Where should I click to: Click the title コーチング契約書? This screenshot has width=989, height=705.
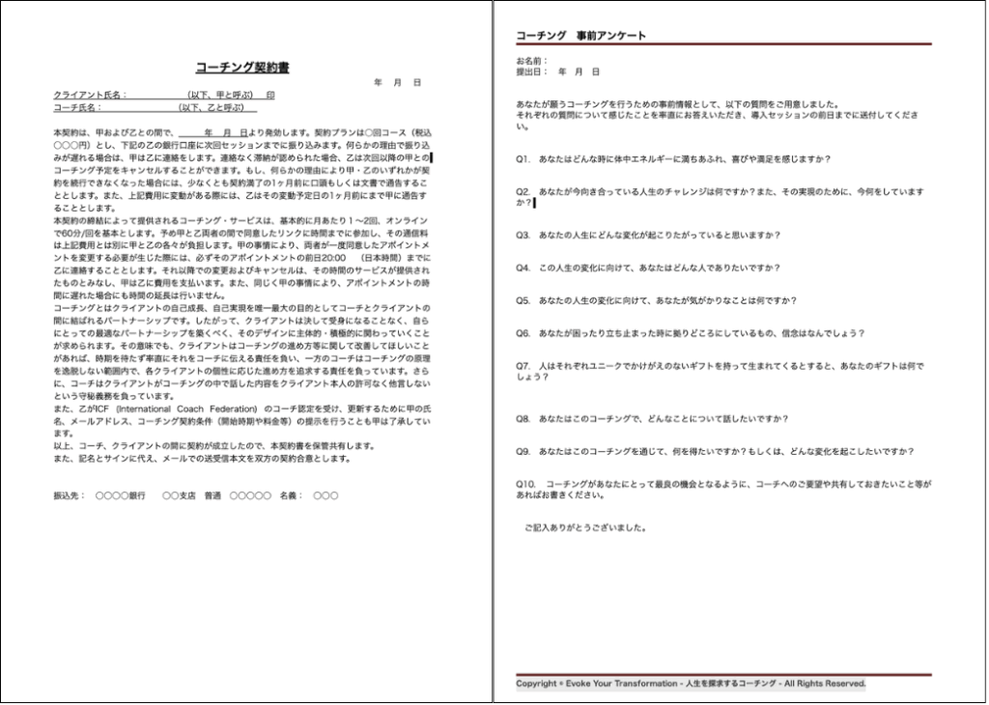click(x=242, y=68)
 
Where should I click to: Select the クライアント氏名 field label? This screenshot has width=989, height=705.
click(x=88, y=96)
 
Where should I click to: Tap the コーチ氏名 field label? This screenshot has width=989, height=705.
click(x=78, y=108)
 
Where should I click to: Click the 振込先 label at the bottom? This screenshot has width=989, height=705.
click(x=69, y=495)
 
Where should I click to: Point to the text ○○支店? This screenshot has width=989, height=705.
click(x=178, y=495)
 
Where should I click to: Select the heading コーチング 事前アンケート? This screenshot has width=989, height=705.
click(x=580, y=36)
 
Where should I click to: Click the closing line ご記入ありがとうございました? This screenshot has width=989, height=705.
click(x=585, y=528)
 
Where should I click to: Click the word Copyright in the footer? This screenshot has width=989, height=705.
click(x=536, y=684)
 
